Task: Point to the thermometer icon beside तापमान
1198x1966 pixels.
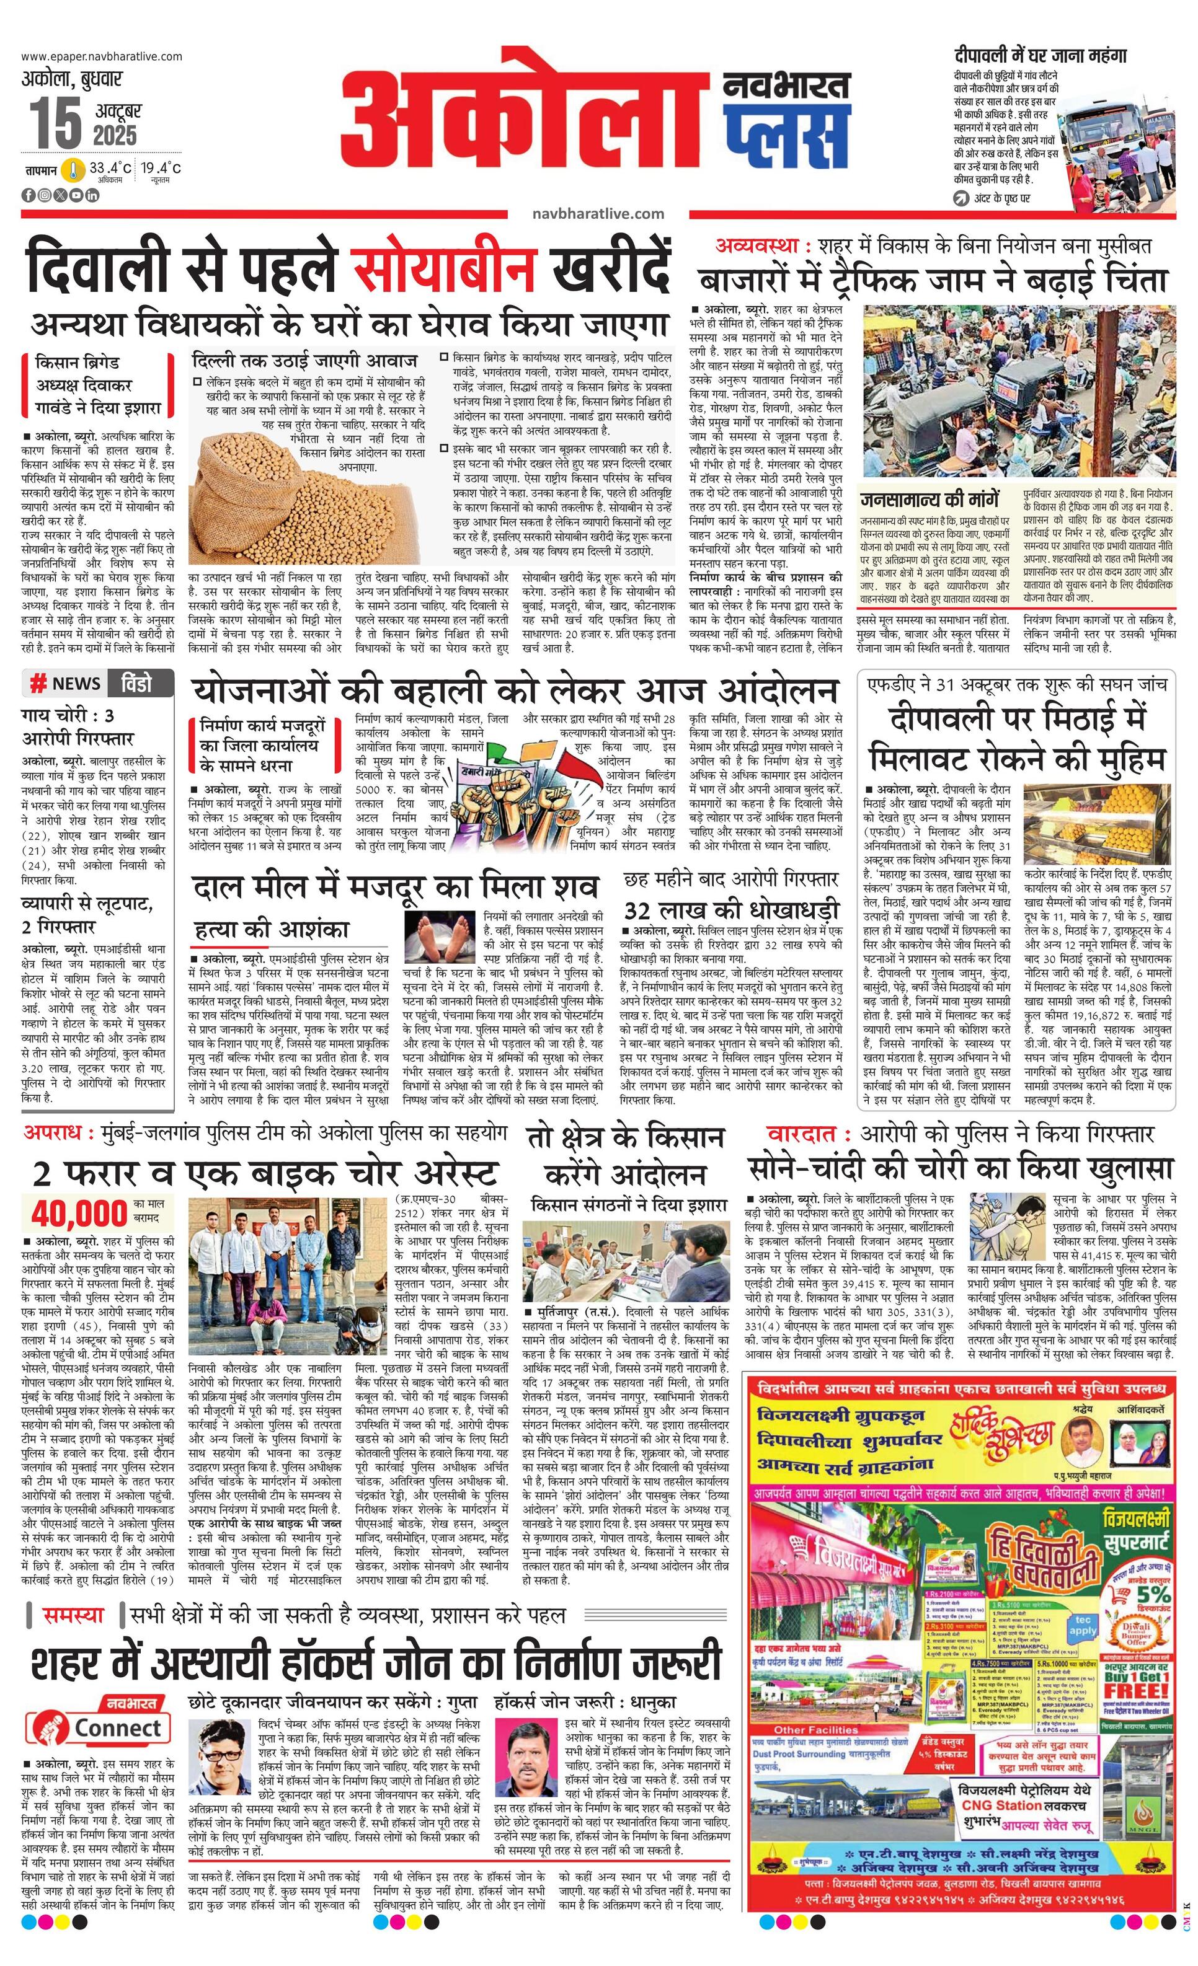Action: tap(74, 170)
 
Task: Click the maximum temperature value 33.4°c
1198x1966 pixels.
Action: tap(110, 169)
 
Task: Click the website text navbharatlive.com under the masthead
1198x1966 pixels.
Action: tap(598, 213)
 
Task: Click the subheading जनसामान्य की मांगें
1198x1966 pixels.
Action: tap(929, 500)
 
